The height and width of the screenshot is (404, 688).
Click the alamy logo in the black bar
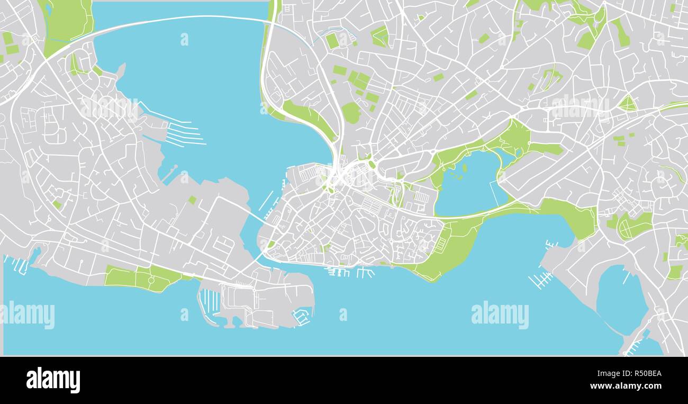tap(53, 380)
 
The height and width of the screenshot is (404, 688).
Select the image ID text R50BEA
tap(644, 373)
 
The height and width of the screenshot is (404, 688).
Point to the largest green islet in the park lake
tap(464, 168)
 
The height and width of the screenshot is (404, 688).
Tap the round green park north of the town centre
tap(350, 112)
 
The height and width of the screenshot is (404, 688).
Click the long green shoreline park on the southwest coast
tap(143, 278)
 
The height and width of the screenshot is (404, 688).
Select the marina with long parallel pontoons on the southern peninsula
tap(211, 301)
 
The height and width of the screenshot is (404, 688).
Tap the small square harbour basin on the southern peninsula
tap(301, 317)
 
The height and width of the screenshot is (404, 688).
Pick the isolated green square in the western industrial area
tap(192, 200)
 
